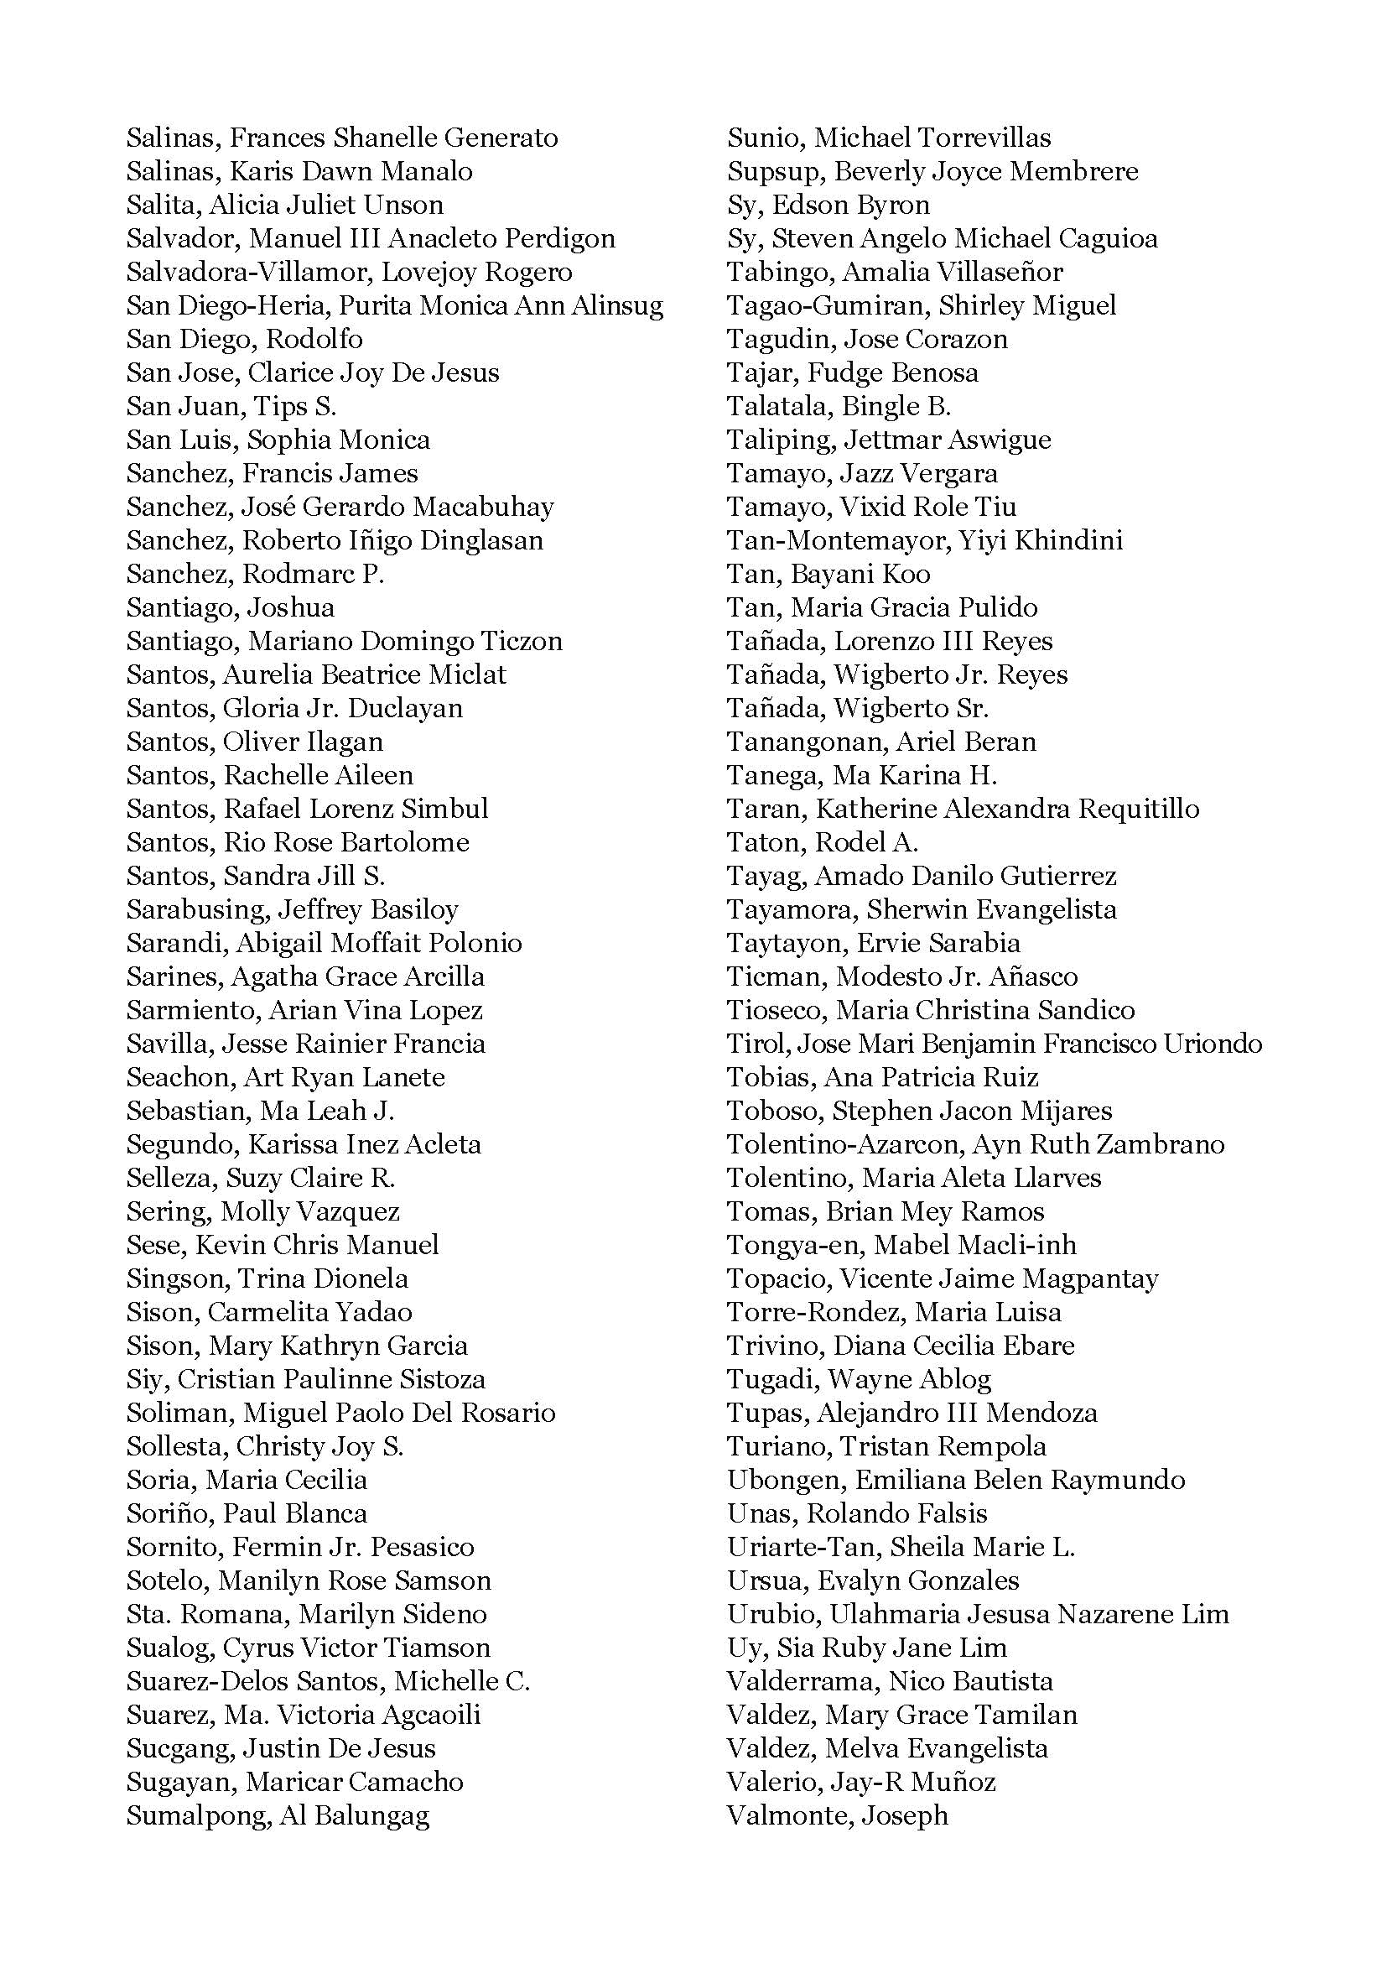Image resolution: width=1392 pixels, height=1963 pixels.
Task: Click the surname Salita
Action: (x=160, y=205)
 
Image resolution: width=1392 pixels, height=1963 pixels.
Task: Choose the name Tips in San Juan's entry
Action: (x=274, y=407)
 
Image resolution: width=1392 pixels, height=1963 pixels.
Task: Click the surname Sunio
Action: (x=766, y=138)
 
